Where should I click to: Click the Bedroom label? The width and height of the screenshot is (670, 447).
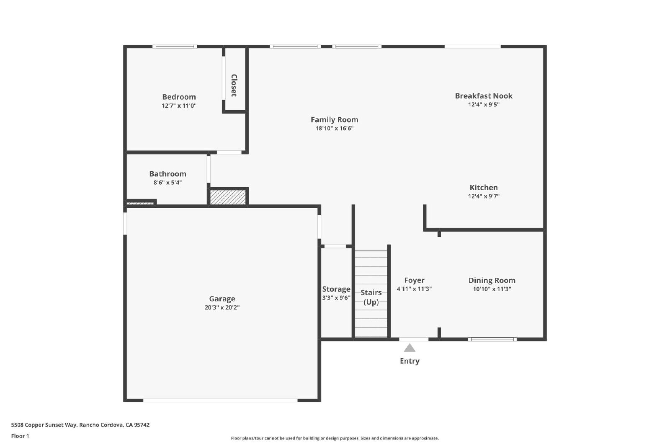[x=179, y=97]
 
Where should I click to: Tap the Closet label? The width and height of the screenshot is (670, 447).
[x=234, y=85]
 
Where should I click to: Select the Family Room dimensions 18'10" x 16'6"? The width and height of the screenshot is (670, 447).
[x=335, y=128]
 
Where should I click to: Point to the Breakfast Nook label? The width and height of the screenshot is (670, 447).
[x=484, y=96]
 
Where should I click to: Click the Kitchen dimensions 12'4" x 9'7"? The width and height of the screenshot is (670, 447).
[x=484, y=196]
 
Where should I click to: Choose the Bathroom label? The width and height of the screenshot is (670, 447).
[x=168, y=174]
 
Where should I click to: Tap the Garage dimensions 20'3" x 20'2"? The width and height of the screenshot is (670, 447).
[x=222, y=307]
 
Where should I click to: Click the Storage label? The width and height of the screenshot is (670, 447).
[x=336, y=289]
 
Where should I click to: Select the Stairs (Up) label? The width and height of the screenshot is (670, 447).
[x=371, y=297]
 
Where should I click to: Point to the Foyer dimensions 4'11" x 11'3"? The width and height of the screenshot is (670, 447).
[x=414, y=289]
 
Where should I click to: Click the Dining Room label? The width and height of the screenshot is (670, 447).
[x=492, y=280]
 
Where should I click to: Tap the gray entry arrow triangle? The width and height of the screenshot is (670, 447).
[x=410, y=349]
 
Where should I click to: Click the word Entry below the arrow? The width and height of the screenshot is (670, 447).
[x=410, y=361]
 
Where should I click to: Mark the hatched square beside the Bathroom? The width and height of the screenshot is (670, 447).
[x=228, y=197]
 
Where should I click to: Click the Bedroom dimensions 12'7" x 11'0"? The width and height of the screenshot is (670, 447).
[x=179, y=106]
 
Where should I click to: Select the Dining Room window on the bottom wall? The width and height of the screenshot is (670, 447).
[x=492, y=339]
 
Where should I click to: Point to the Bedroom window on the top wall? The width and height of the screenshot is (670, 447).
[x=175, y=47]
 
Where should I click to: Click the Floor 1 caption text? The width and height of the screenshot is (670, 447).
[x=20, y=436]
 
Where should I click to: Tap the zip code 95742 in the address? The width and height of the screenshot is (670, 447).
[x=142, y=425]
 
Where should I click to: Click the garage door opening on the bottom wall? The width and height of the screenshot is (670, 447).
[x=220, y=400]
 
